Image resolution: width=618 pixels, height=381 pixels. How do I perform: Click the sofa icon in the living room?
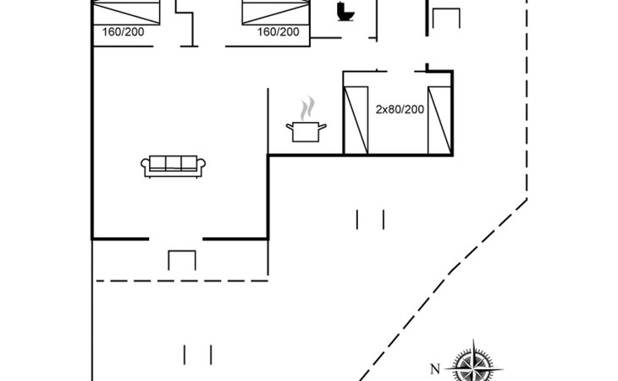(x=172, y=166)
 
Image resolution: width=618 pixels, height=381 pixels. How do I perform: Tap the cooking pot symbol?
(x=307, y=131)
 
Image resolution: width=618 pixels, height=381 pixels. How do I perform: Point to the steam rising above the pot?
(x=308, y=108)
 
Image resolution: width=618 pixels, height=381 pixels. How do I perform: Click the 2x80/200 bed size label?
(x=399, y=109)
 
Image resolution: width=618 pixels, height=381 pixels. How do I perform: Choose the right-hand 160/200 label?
(x=279, y=32)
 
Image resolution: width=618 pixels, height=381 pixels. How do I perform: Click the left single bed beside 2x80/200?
(x=356, y=119)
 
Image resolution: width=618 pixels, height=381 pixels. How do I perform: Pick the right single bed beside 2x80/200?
(x=439, y=119)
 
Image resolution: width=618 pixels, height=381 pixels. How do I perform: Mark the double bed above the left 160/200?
(x=127, y=12)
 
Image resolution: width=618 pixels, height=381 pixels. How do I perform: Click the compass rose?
(x=473, y=365)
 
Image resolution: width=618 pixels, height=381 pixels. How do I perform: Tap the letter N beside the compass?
(x=435, y=368)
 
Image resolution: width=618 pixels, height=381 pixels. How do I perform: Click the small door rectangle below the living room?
(x=182, y=260)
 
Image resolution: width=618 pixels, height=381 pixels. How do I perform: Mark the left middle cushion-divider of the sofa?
(x=163, y=163)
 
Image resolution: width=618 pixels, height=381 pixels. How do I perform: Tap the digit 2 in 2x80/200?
(x=378, y=109)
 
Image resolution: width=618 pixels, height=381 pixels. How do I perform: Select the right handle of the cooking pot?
(x=324, y=127)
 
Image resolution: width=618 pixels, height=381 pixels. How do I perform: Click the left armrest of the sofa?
(x=145, y=167)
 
